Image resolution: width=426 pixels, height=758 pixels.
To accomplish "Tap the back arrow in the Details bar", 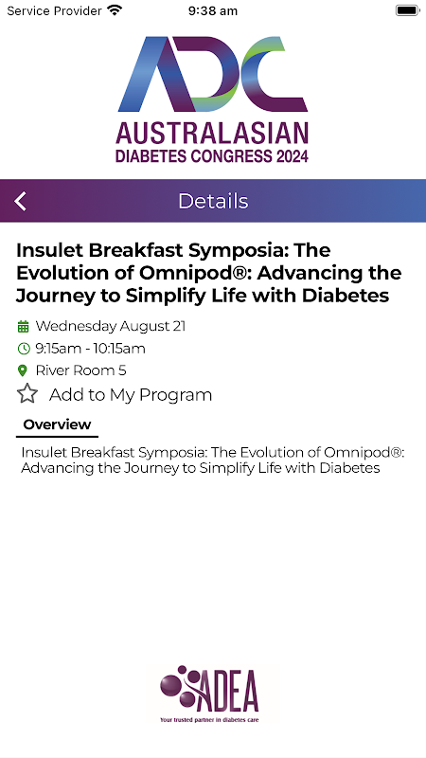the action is [x=20, y=201].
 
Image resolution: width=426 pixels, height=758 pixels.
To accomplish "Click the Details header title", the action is [x=213, y=201].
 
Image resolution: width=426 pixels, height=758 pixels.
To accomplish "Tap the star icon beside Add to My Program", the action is [x=27, y=394].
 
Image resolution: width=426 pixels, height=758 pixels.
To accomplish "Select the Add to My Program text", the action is [x=131, y=395].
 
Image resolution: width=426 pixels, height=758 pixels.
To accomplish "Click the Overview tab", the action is [x=57, y=424].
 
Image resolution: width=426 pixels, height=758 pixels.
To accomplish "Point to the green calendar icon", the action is [x=23, y=327].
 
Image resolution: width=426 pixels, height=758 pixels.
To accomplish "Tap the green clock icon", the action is [x=23, y=348].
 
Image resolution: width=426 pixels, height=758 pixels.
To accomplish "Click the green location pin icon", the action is [x=22, y=370].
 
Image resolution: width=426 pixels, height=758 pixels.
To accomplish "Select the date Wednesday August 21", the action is [x=111, y=326].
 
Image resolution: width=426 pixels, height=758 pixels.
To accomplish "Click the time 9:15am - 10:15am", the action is [x=90, y=349].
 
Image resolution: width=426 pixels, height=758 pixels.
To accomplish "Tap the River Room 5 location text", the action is [x=80, y=370].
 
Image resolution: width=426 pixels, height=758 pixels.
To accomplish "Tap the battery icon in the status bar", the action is [x=407, y=10].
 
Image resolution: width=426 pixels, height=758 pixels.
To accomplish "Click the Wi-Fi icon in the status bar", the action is [x=115, y=10].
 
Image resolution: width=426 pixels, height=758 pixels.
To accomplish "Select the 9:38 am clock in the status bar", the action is [x=212, y=10].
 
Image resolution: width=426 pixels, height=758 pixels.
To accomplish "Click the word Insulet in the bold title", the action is [x=50, y=250].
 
